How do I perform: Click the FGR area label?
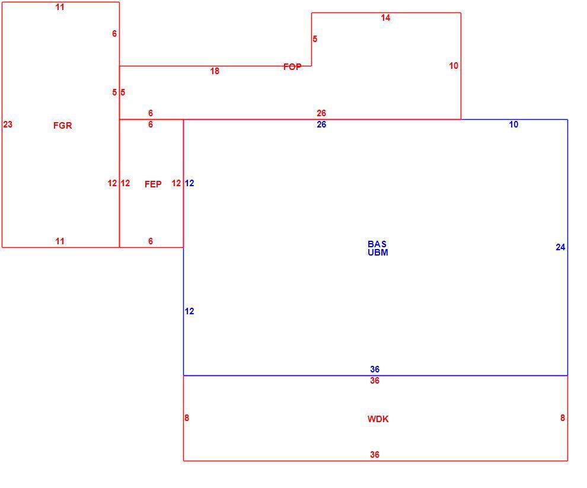[62, 126]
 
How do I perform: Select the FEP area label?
[153, 184]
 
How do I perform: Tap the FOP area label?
[292, 66]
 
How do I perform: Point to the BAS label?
[377, 244]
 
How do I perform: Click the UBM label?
[378, 253]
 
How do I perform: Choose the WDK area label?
[378, 419]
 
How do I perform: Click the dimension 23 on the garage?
[8, 125]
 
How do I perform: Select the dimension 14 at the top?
[385, 18]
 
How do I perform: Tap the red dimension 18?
[215, 71]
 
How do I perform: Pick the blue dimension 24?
[560, 247]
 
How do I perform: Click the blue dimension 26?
[321, 125]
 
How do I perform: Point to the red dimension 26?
[321, 113]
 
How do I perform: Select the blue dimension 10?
[514, 125]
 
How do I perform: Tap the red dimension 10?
[454, 66]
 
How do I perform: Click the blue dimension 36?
[375, 369]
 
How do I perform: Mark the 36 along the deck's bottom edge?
[375, 455]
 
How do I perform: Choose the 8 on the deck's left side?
[187, 417]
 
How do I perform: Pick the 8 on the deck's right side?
[563, 417]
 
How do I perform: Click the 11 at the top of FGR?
[60, 7]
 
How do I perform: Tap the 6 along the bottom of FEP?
[151, 241]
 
